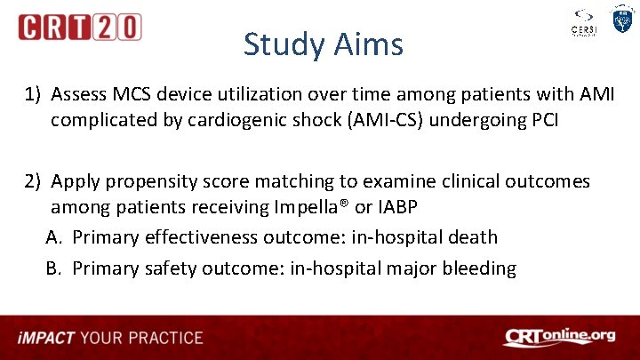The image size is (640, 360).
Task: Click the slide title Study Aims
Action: coord(323,44)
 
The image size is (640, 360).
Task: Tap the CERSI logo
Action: coord(583,23)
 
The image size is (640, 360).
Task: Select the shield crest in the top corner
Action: coord(621,20)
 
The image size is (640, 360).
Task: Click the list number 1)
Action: coord(34,94)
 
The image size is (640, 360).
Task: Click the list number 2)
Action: coord(34,181)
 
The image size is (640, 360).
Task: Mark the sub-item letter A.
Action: coord(54,237)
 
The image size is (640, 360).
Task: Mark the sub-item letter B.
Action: coord(54,268)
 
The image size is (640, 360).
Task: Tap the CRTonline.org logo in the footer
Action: coord(558,337)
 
